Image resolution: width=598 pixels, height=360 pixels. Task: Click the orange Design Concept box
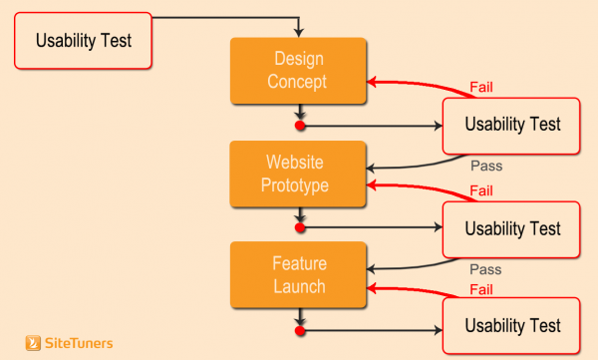click(297, 71)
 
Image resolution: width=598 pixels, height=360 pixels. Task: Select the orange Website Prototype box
click(297, 174)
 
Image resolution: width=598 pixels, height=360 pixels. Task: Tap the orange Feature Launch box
click(297, 274)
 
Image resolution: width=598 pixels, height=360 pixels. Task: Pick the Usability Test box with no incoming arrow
click(83, 41)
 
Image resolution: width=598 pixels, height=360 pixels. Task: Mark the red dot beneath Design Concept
click(299, 126)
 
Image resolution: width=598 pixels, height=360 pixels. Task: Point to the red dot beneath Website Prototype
click(299, 227)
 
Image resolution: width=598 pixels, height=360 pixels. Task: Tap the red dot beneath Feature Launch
click(299, 328)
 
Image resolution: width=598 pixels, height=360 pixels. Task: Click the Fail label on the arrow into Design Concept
click(481, 88)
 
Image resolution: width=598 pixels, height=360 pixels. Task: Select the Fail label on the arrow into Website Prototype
click(481, 190)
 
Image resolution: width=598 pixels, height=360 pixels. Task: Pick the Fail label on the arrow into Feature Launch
click(481, 290)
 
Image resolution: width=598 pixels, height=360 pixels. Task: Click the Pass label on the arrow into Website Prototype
click(485, 167)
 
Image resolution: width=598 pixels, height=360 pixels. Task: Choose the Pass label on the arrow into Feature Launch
click(485, 268)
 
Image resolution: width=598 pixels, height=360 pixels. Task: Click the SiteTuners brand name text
click(80, 343)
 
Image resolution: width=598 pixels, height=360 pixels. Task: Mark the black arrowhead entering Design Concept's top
click(299, 34)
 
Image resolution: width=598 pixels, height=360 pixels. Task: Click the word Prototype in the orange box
click(297, 184)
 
